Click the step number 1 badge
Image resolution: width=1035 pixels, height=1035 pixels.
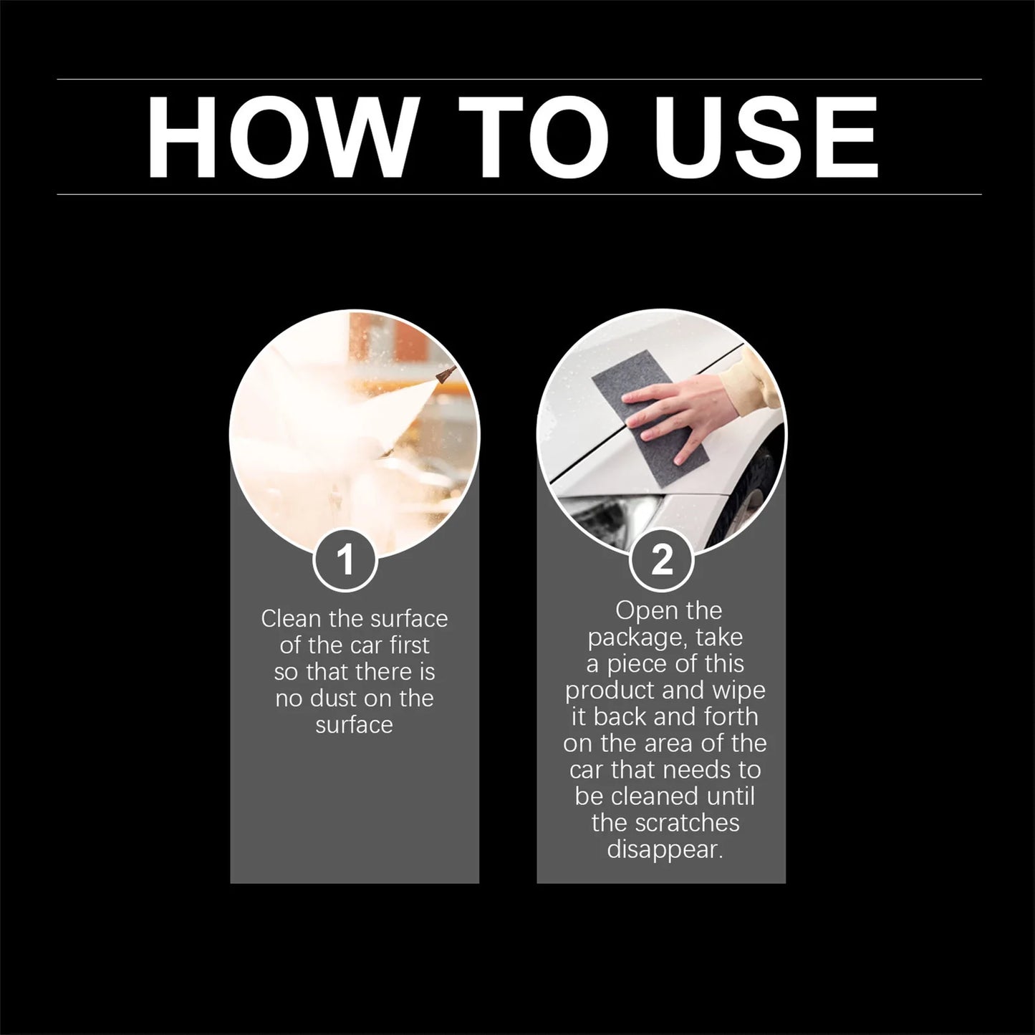[345, 559]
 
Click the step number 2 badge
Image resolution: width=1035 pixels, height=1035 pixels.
[661, 559]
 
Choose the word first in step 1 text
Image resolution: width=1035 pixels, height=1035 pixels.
[410, 645]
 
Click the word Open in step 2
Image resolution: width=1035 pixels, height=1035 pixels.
[639, 611]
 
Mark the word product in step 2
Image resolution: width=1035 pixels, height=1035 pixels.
[609, 690]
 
